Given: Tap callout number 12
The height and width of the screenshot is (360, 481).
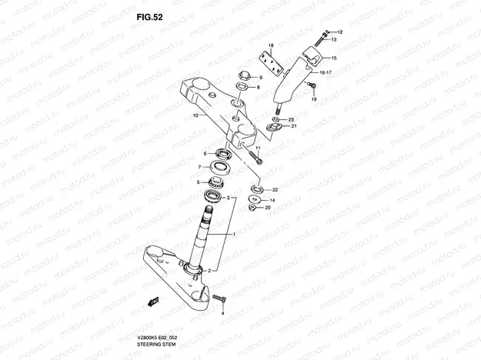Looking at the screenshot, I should [x=339, y=32].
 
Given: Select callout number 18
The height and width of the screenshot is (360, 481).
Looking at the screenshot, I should [x=271, y=45].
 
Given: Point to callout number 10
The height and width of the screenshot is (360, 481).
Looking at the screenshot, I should [x=195, y=116].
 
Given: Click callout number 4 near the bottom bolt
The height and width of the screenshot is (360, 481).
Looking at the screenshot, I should [x=222, y=314].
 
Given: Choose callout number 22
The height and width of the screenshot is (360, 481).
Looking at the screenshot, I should [x=274, y=189].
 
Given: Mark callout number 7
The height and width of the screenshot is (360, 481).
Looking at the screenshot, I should [x=199, y=166].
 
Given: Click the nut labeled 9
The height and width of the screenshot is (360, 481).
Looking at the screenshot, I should [x=242, y=76].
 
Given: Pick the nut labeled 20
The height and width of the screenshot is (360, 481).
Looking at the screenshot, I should [x=252, y=206].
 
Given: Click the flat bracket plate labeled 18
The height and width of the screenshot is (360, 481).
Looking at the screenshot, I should [x=269, y=59].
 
